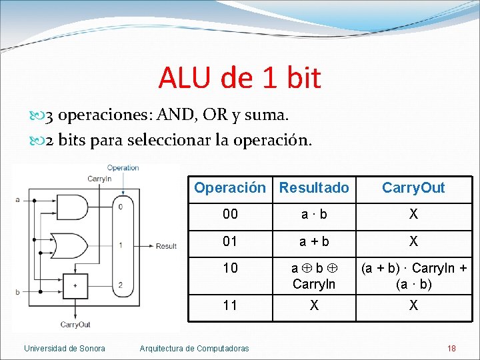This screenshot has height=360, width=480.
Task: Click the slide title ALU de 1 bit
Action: point(239,77)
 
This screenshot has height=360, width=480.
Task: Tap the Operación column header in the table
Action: point(229,188)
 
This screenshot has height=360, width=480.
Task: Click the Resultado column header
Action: point(313,188)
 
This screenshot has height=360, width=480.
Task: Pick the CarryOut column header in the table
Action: point(413,188)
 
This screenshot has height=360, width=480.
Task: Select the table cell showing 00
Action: point(229,214)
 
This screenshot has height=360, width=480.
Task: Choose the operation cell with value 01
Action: point(229,241)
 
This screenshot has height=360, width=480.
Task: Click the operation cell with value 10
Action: point(229,268)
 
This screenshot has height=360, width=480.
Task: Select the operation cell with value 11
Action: point(229,305)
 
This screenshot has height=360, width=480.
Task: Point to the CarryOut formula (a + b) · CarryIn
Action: point(413,269)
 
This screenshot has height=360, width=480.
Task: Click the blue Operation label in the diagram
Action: point(123,168)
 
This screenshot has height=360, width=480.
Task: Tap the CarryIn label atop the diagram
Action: point(99,179)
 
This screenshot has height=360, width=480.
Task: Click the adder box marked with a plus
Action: point(75,285)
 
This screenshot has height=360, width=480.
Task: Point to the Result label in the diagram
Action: point(166,246)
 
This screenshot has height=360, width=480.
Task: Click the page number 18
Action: point(451,348)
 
